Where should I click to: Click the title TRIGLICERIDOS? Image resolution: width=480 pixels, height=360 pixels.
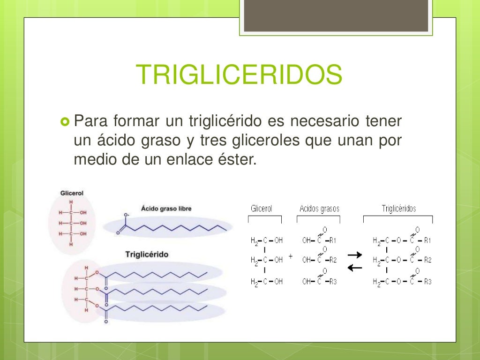[239, 75]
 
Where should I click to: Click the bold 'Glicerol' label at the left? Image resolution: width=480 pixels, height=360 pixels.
[72, 193]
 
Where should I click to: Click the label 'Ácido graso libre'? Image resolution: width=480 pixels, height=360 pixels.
[166, 208]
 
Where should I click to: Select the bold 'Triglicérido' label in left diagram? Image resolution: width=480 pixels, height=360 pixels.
[147, 254]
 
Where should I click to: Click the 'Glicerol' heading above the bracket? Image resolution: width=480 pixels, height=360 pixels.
[261, 209]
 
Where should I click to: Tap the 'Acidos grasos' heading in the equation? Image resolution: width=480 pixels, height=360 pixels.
[319, 209]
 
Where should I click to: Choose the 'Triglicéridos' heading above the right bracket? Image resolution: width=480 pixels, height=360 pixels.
[398, 209]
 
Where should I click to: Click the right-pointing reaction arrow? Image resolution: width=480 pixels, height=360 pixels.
[355, 255]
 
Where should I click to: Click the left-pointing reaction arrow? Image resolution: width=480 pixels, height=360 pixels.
[355, 268]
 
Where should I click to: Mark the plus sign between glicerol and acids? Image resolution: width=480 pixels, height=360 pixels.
[291, 257]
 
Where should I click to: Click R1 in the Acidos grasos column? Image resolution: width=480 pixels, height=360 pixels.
[333, 240]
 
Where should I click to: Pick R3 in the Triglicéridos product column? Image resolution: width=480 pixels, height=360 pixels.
[427, 282]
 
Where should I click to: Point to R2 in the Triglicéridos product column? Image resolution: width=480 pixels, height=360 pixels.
[427, 260]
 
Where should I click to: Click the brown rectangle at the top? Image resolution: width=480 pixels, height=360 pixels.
[336, 16]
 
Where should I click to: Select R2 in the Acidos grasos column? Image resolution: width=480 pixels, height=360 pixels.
[333, 260]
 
